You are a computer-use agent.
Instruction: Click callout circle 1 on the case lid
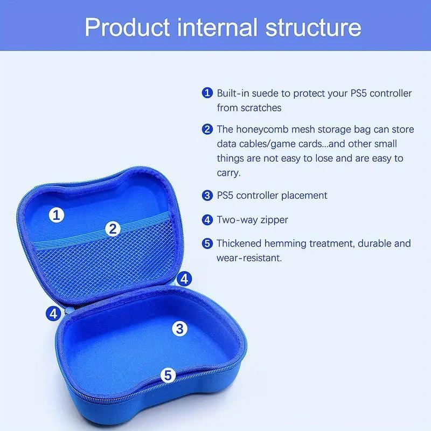click(x=58, y=215)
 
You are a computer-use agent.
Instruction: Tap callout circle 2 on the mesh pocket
click(x=112, y=228)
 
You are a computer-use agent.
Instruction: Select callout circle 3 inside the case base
click(x=179, y=327)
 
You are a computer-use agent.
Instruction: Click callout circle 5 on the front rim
click(x=168, y=374)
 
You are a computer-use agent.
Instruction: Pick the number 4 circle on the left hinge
click(x=53, y=313)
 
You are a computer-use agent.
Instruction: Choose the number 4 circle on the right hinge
click(x=184, y=279)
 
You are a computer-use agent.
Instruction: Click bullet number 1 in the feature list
click(x=207, y=93)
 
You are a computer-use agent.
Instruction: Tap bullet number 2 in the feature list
click(x=207, y=129)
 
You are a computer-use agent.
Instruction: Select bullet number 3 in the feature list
click(x=207, y=195)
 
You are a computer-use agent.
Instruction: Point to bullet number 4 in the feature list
click(x=207, y=219)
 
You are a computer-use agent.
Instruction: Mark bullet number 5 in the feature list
click(x=207, y=244)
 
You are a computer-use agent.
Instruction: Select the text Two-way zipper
click(x=252, y=219)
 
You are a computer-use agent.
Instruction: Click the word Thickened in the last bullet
click(x=241, y=244)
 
